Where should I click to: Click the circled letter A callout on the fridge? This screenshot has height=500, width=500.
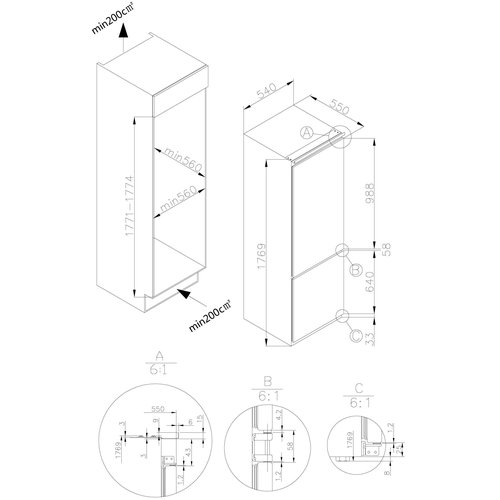coord(308,131)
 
